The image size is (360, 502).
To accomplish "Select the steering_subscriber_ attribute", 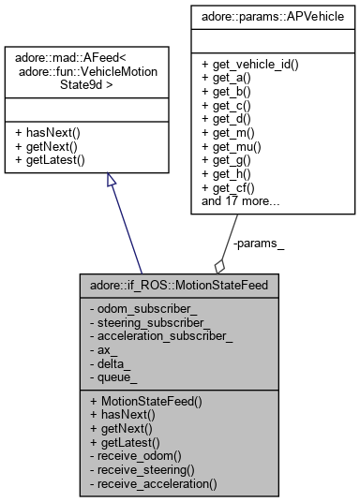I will click(x=150, y=318).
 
